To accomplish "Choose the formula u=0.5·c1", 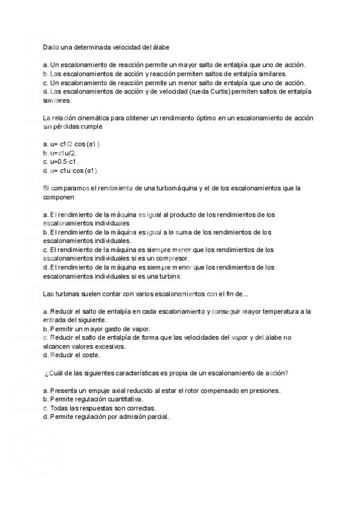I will pos(64,161).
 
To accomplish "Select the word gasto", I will pos(115,329).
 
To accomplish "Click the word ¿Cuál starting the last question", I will pos(53,373).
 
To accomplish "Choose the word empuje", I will pos(100,390).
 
